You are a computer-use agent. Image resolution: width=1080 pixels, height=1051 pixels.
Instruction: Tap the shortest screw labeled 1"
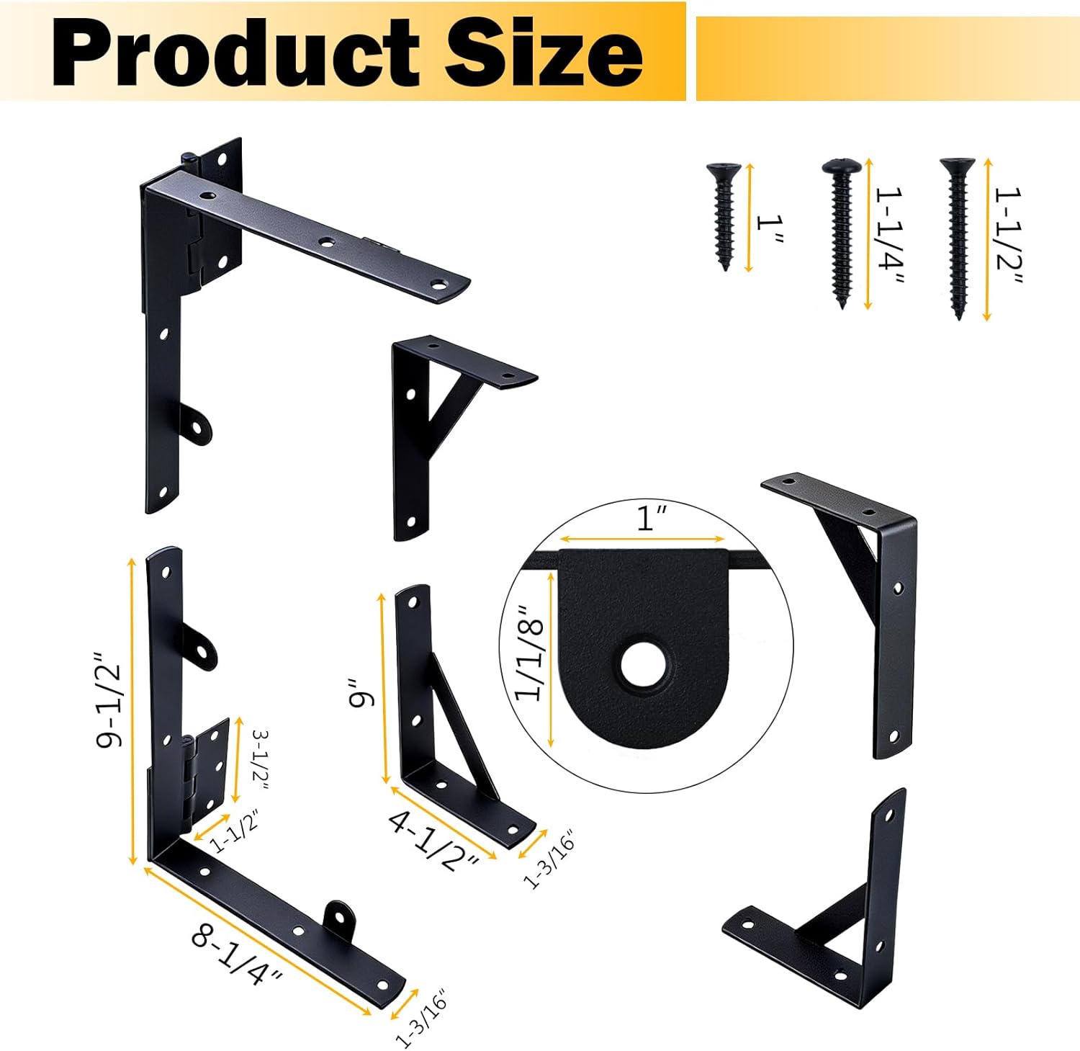[724, 215]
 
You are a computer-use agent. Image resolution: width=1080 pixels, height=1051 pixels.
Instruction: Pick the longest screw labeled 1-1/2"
[958, 237]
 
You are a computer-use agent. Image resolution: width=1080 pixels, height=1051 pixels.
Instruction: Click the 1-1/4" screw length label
[889, 236]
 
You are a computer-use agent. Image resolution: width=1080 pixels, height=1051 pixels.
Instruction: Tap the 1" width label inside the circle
[652, 518]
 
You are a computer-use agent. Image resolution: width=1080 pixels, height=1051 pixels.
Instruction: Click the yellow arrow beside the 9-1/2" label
[132, 710]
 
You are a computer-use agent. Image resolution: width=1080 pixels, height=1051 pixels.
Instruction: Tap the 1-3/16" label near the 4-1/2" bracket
[549, 860]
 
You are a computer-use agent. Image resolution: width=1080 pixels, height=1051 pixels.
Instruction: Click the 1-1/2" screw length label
[1009, 238]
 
